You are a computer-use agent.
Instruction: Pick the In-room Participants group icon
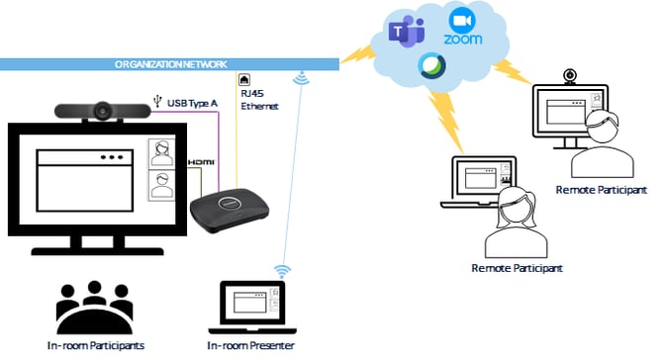[95, 309]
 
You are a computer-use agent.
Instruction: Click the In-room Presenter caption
[251, 345]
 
